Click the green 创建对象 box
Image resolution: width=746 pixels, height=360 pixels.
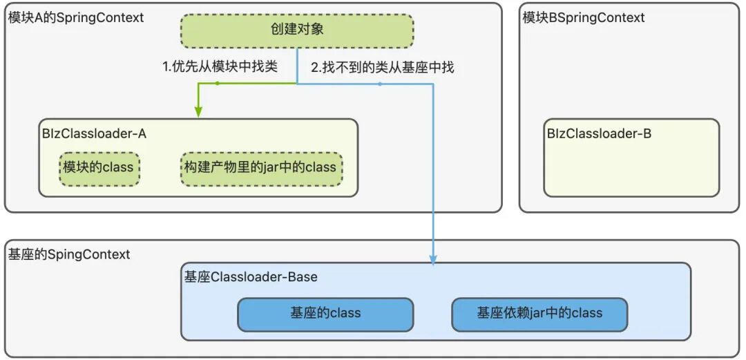[x=296, y=30]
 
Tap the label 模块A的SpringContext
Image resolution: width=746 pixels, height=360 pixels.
[x=76, y=18]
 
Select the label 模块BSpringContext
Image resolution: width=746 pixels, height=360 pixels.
[x=584, y=18]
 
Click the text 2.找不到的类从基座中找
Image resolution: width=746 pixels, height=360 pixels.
[x=382, y=68]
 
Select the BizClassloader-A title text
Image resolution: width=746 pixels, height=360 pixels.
[x=95, y=133]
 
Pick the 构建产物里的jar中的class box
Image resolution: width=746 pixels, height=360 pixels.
[x=260, y=168]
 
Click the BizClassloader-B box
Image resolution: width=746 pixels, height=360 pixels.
[x=631, y=158]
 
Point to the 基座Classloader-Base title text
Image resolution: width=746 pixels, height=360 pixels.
[x=251, y=277]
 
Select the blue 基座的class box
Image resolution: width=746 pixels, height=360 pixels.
[x=325, y=314]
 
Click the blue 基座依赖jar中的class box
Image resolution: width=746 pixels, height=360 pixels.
[x=539, y=314]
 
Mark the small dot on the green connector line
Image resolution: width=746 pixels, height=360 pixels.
[x=217, y=84]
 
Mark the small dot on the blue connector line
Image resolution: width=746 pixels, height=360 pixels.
[x=380, y=84]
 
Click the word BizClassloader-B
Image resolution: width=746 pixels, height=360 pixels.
[x=599, y=133]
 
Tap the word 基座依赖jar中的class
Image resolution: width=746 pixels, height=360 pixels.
[x=539, y=314]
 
